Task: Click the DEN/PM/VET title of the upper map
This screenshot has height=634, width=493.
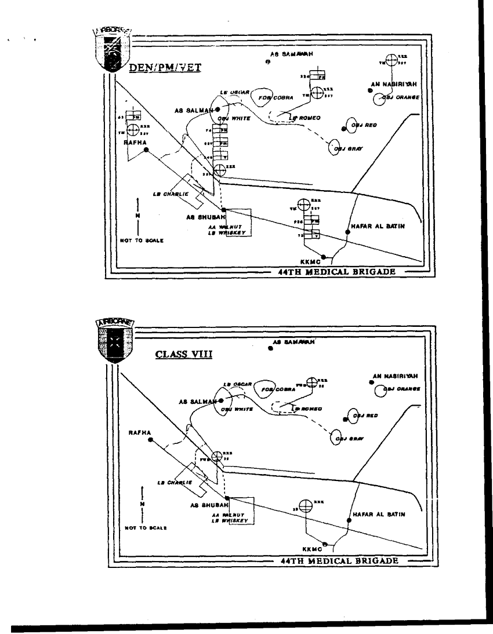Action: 165,67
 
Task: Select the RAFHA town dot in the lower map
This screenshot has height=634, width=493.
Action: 150,440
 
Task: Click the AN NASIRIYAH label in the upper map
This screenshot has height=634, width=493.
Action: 394,85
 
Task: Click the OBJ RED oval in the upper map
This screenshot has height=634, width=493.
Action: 353,124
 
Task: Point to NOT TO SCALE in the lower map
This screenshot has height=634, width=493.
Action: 142,528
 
